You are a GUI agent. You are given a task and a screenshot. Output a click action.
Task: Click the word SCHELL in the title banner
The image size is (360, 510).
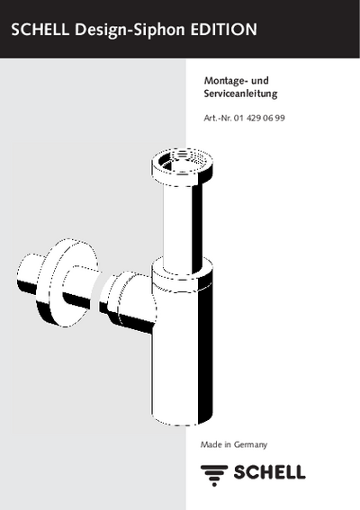click(40, 30)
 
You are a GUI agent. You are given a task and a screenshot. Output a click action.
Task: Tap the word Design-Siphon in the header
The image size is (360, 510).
click(130, 31)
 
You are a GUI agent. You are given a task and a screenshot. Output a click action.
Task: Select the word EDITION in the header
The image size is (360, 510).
click(223, 30)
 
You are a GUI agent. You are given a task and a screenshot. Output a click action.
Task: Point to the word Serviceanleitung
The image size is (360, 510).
click(240, 94)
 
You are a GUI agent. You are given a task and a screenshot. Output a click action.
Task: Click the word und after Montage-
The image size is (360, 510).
click(260, 80)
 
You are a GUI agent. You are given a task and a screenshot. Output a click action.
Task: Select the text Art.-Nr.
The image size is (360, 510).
click(218, 118)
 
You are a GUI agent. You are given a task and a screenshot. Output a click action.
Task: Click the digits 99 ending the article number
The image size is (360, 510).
click(280, 118)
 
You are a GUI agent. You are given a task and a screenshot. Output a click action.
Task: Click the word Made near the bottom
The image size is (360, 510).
click(211, 444)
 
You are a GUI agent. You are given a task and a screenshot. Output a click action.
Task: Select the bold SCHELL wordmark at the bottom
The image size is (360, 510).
click(269, 472)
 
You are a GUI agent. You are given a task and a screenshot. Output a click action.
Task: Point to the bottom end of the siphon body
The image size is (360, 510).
click(183, 419)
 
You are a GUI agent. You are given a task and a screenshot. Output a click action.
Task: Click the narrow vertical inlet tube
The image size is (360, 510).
click(183, 228)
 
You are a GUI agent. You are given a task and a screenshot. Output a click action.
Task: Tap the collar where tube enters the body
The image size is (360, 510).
click(183, 273)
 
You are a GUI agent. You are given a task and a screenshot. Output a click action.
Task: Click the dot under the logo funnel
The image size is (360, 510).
click(214, 484)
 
